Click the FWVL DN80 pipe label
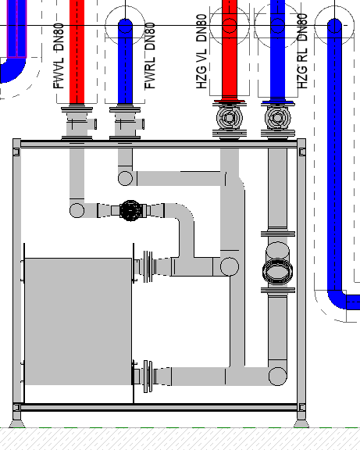click(x=59, y=56)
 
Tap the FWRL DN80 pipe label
click(x=150, y=56)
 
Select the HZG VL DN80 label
click(x=201, y=51)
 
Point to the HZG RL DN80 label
click(x=302, y=51)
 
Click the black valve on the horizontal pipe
click(x=130, y=211)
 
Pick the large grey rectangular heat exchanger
click(x=78, y=321)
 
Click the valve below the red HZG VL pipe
click(x=229, y=118)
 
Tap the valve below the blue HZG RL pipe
click(x=277, y=118)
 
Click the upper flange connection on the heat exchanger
click(x=148, y=266)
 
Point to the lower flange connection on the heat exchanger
click(x=148, y=377)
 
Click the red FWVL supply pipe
click(x=77, y=52)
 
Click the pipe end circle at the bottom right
click(x=278, y=377)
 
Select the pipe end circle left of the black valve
click(x=77, y=210)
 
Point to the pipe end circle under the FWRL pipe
click(x=126, y=178)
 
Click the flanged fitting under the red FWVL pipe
click(x=77, y=123)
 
